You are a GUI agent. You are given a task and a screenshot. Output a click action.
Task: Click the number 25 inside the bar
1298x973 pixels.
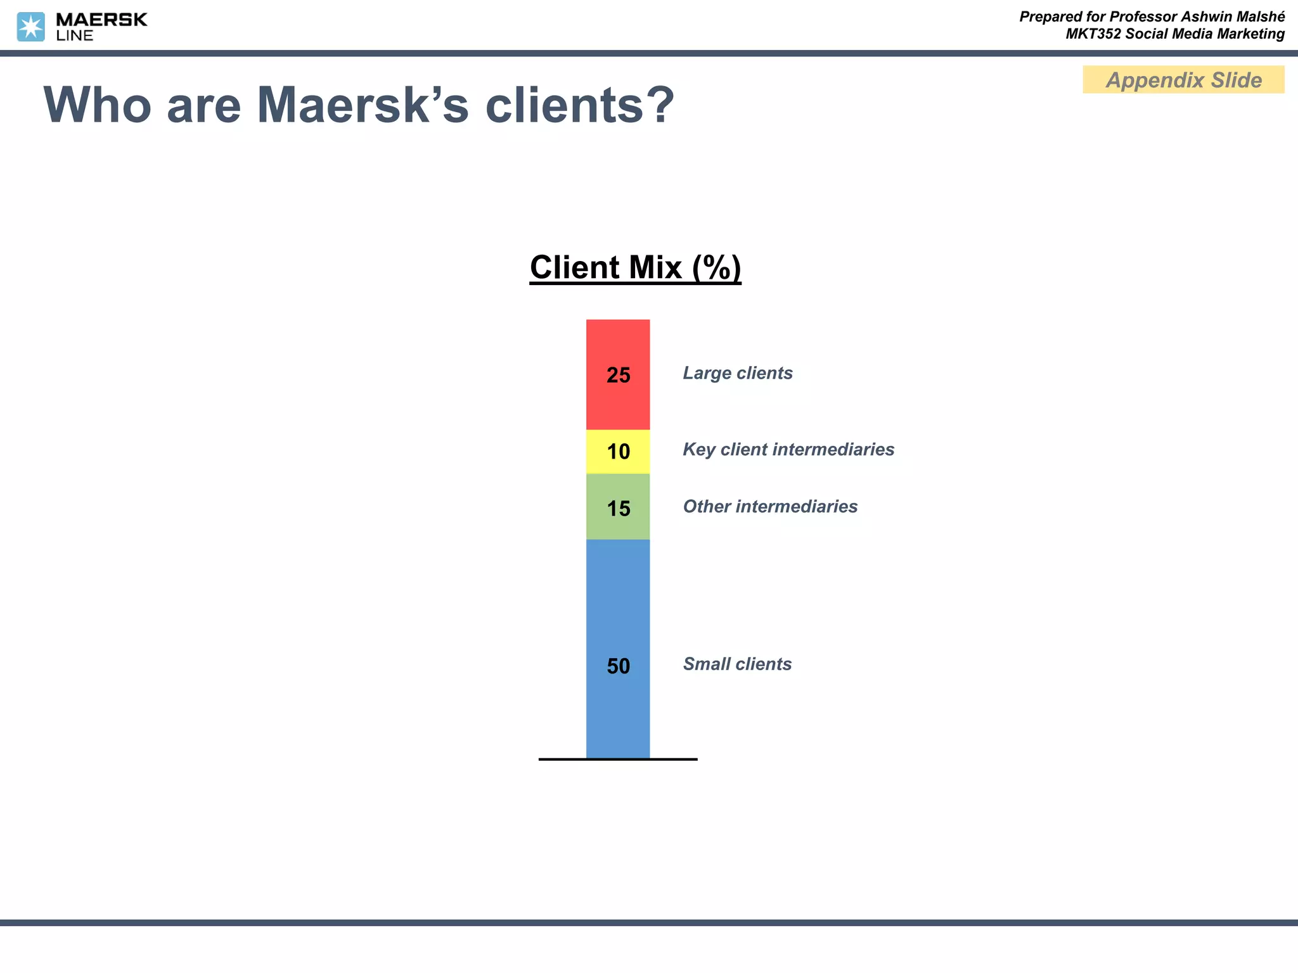[x=619, y=375]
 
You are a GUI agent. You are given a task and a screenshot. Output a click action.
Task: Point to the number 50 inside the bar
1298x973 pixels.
[x=619, y=666]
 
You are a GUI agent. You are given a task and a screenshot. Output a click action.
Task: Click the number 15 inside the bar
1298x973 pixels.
[x=619, y=508]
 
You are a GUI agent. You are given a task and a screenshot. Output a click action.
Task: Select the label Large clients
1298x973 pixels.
[x=738, y=373]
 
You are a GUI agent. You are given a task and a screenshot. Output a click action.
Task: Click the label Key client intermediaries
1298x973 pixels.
[x=788, y=449]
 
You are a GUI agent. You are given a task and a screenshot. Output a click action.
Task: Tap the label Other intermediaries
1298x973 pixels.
[x=770, y=506]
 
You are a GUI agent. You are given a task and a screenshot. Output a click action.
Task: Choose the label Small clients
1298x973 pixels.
[x=737, y=664]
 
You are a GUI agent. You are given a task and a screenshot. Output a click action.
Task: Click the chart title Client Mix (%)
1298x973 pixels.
[x=635, y=267]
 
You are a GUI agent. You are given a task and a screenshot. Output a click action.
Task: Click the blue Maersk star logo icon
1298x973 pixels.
[x=30, y=27]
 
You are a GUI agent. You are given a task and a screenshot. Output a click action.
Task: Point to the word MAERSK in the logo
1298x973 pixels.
[x=101, y=20]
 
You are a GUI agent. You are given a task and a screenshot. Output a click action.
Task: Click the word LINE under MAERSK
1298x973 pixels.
[x=75, y=35]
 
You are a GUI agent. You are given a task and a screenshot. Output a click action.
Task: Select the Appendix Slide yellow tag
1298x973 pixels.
[x=1183, y=80]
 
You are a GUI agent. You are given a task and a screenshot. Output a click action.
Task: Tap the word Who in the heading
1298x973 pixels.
[x=97, y=105]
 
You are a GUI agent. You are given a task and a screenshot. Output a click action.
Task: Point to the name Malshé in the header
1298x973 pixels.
[x=1259, y=16]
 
